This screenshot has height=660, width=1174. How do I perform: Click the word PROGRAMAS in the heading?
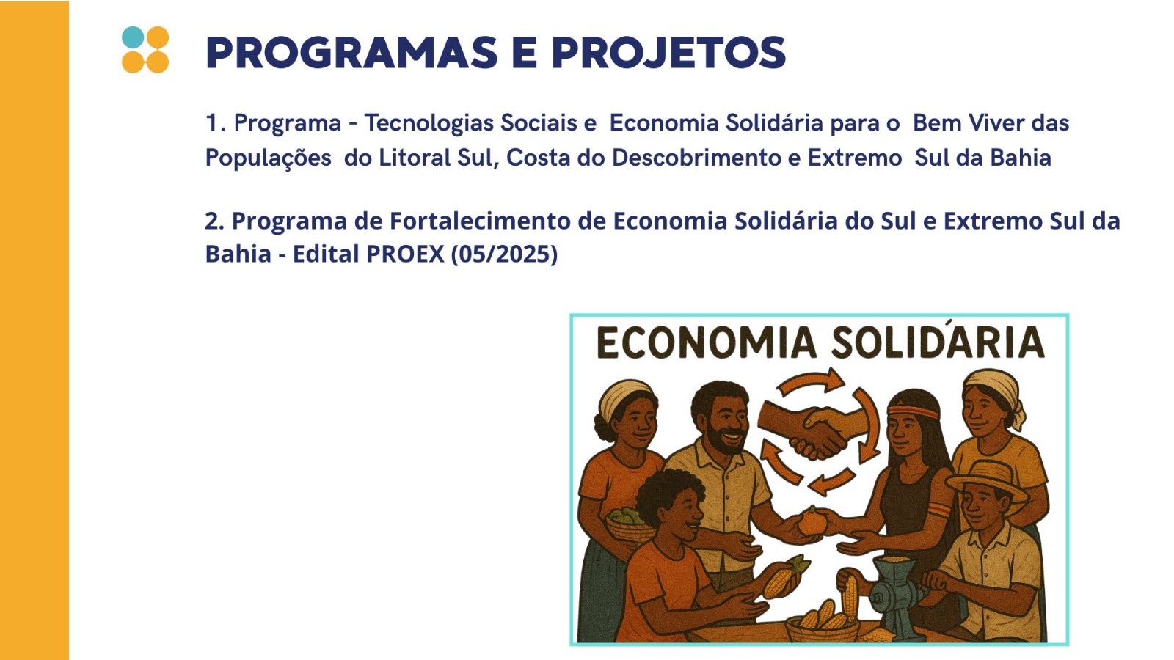351,52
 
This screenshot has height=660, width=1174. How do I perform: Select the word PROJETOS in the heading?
668,52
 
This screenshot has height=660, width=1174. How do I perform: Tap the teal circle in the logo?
133,37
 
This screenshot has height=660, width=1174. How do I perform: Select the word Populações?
268,158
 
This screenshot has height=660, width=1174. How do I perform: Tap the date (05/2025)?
504,254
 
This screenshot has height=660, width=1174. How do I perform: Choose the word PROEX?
405,254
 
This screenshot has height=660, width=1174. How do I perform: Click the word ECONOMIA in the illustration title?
706,342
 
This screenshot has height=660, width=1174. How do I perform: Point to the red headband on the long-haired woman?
913,411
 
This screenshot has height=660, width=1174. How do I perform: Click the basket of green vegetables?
627,524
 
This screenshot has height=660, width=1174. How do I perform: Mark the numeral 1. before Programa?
216,123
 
